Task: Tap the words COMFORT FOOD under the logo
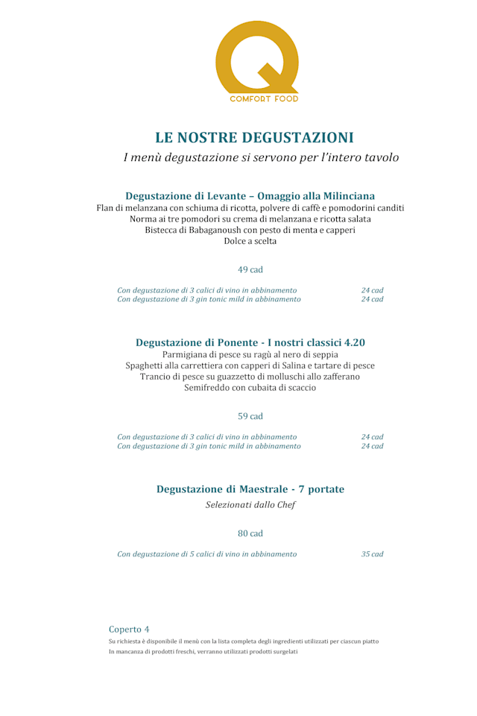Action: pos(264,98)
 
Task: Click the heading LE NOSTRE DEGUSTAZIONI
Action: pos(254,138)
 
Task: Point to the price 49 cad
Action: pos(250,269)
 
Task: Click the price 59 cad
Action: pos(250,416)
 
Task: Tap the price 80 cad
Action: pos(250,534)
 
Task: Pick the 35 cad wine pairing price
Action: pos(372,554)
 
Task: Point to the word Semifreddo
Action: pos(209,388)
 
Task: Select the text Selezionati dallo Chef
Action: pos(250,505)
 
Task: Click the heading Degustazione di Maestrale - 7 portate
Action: pos(250,489)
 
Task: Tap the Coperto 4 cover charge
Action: pos(129,629)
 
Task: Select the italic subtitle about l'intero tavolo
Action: pos(261,158)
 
